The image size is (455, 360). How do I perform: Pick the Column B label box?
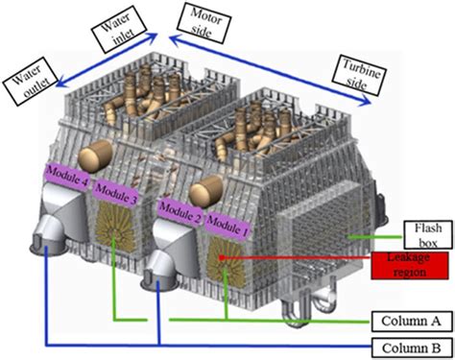410,347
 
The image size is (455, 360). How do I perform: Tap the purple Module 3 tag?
114,194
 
